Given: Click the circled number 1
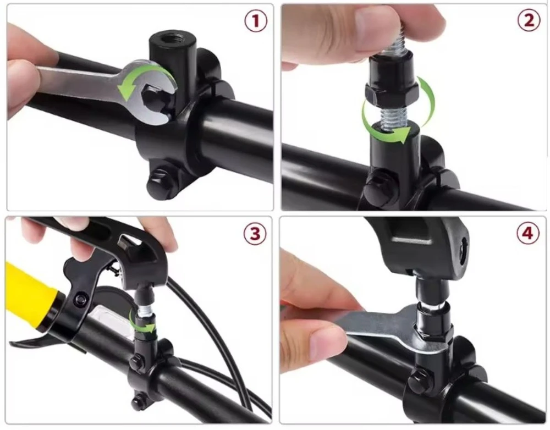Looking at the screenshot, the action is (256, 21).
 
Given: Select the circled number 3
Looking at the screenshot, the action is (255, 234).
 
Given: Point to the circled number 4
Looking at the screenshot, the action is (528, 233).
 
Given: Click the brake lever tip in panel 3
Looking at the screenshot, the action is (14, 343).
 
